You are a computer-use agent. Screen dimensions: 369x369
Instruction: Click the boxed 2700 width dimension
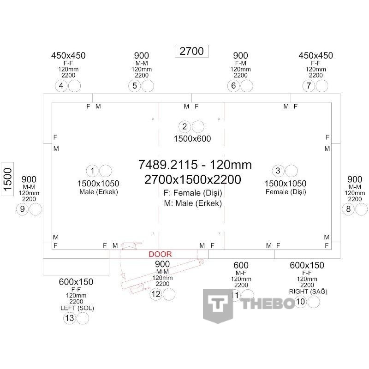[x=191, y=51]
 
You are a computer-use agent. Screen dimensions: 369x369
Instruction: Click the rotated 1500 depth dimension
[x=7, y=179]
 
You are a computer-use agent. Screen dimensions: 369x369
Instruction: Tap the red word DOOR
[x=160, y=254]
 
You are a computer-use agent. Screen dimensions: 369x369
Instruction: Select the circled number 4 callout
[x=61, y=86]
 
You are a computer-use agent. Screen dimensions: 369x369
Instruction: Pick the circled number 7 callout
[x=309, y=86]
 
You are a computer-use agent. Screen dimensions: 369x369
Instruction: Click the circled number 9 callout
[x=22, y=209]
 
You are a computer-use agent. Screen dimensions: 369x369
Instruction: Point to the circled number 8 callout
[x=349, y=209]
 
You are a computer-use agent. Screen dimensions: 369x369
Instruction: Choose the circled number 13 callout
[x=70, y=318]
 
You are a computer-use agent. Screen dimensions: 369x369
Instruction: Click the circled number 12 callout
[x=156, y=294]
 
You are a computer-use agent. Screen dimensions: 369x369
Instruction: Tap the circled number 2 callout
[x=185, y=126]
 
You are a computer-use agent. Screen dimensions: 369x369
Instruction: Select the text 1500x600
[x=192, y=139]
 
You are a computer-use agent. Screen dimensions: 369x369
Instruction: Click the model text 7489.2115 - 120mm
[x=195, y=165]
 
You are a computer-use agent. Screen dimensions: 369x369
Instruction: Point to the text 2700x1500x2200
[x=192, y=179]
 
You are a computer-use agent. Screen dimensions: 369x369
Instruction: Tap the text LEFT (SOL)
[x=77, y=308]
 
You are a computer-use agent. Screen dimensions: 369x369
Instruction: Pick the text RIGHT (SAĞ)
[x=308, y=292]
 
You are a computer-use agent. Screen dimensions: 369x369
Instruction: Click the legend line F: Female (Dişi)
[x=193, y=193]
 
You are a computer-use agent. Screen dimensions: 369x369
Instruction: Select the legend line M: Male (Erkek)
[x=193, y=203]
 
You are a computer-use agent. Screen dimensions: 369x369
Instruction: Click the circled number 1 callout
[x=93, y=171]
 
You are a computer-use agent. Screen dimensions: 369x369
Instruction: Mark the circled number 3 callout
[x=278, y=171]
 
